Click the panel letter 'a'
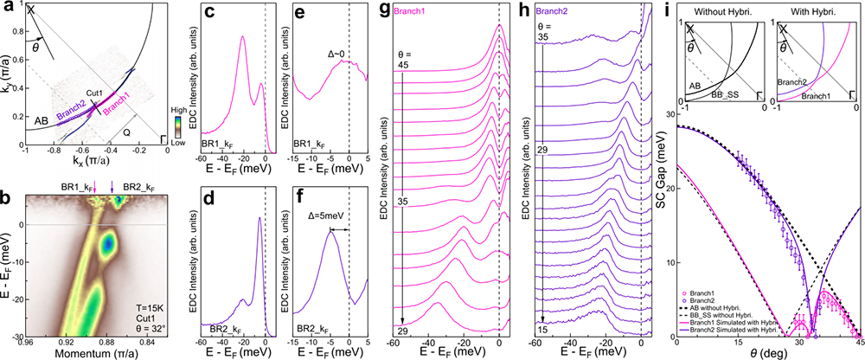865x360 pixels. [x=7, y=8]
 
